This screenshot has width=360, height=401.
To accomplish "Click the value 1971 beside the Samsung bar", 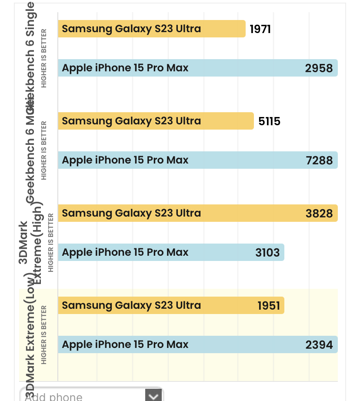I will pos(260,29).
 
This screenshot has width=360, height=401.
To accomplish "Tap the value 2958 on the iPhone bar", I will pos(319,68).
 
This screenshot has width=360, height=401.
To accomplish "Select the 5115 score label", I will pos(269,121).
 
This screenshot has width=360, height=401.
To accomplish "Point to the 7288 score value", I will pos(319,160).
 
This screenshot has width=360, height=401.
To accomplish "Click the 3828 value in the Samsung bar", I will pos(319,214).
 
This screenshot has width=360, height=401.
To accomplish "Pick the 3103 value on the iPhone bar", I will pos(267,253).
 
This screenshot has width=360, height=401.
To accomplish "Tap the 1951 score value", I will pos(269,306).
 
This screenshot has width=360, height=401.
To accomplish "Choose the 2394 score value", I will pos(319,345).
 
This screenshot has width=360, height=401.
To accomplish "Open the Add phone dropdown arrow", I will pos(153,396).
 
